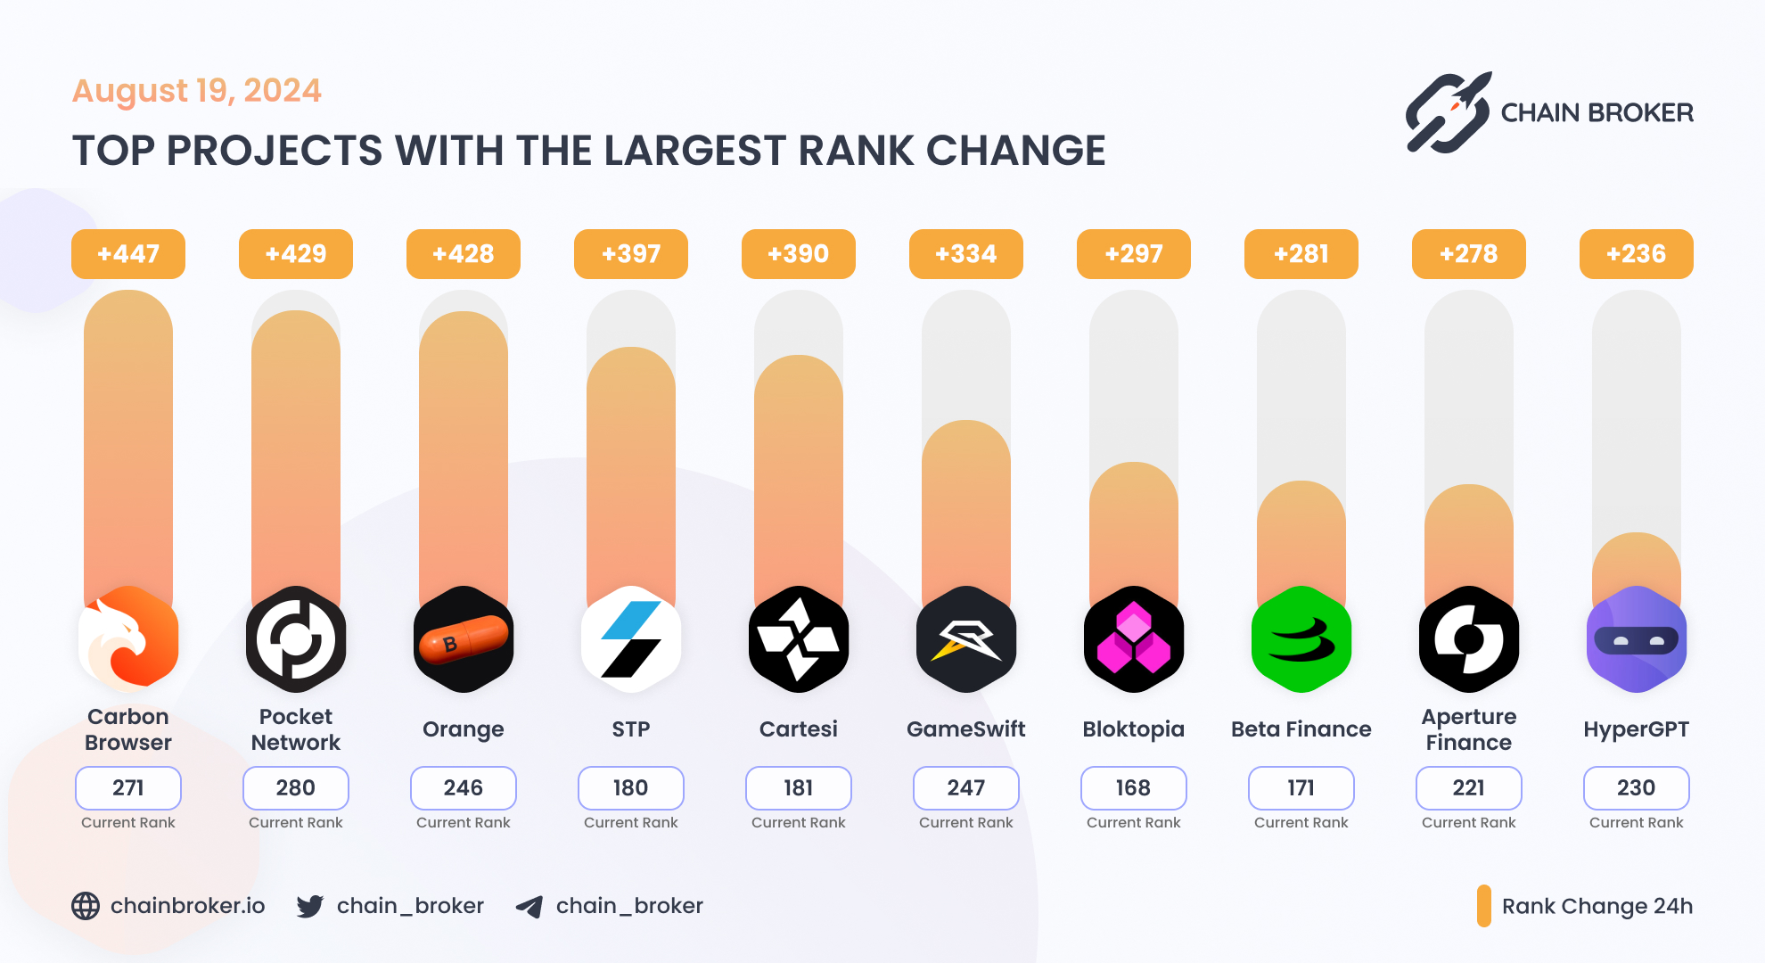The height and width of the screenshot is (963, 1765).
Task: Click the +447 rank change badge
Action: [128, 254]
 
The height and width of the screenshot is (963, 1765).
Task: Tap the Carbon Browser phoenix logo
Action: [128, 639]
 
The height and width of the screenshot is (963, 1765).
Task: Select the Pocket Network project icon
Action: [296, 639]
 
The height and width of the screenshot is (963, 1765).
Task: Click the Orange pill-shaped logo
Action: [464, 639]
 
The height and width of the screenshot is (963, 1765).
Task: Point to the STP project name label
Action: [631, 729]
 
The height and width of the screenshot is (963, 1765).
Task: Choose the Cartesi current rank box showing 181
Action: [799, 788]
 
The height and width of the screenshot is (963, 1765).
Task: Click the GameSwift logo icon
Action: [966, 639]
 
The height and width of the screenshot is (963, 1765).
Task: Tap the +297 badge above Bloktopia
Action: [1134, 254]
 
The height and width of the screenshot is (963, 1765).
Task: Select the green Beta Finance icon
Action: [1301, 639]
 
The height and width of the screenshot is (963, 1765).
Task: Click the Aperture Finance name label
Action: [1469, 729]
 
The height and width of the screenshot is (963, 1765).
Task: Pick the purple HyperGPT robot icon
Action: [1637, 639]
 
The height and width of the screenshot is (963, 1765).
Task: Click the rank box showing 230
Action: [1637, 788]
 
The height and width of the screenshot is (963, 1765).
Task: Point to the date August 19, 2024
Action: [197, 91]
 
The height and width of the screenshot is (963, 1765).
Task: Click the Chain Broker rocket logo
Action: [1449, 113]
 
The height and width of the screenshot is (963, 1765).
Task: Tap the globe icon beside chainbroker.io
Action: [86, 906]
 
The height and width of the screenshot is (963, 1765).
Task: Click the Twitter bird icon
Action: [310, 907]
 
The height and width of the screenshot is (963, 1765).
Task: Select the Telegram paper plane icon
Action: [529, 907]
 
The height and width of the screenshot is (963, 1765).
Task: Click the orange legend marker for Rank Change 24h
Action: [1484, 906]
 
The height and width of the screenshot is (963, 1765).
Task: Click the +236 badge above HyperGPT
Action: [1637, 254]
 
